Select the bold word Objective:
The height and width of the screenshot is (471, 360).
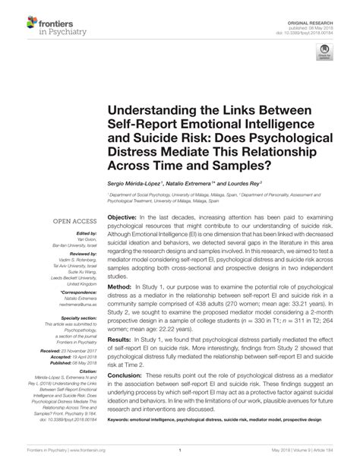(123, 217)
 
